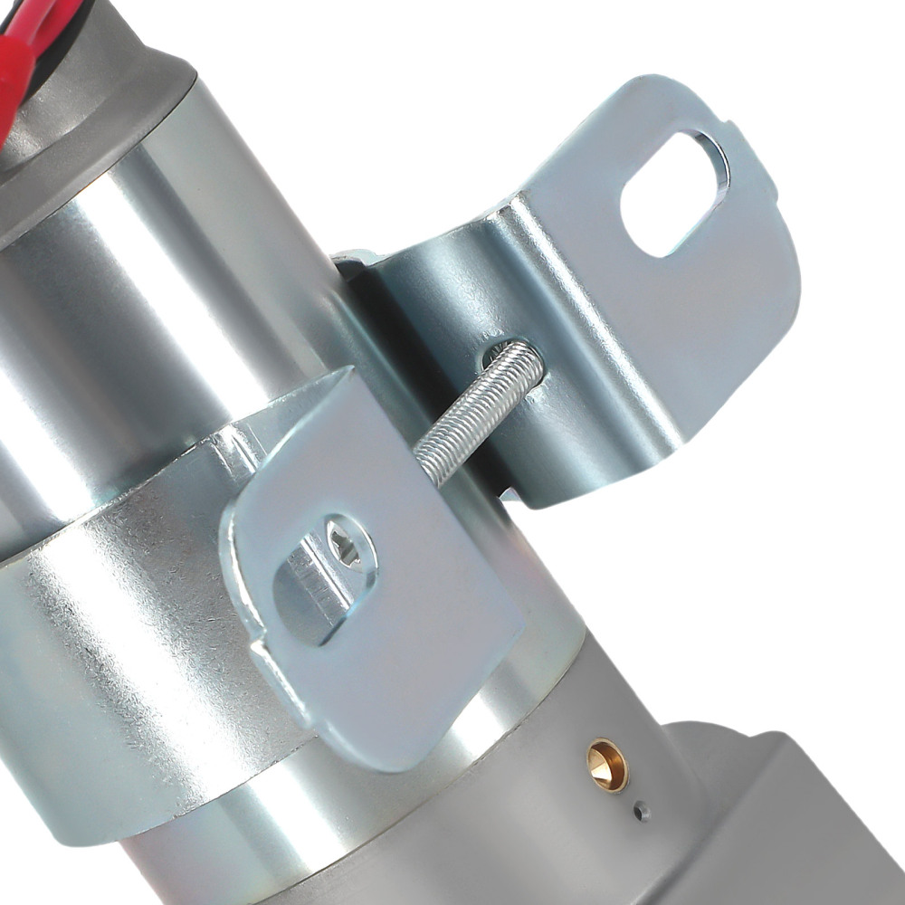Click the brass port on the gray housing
click(606, 766)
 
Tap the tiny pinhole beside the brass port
click(642, 811)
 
